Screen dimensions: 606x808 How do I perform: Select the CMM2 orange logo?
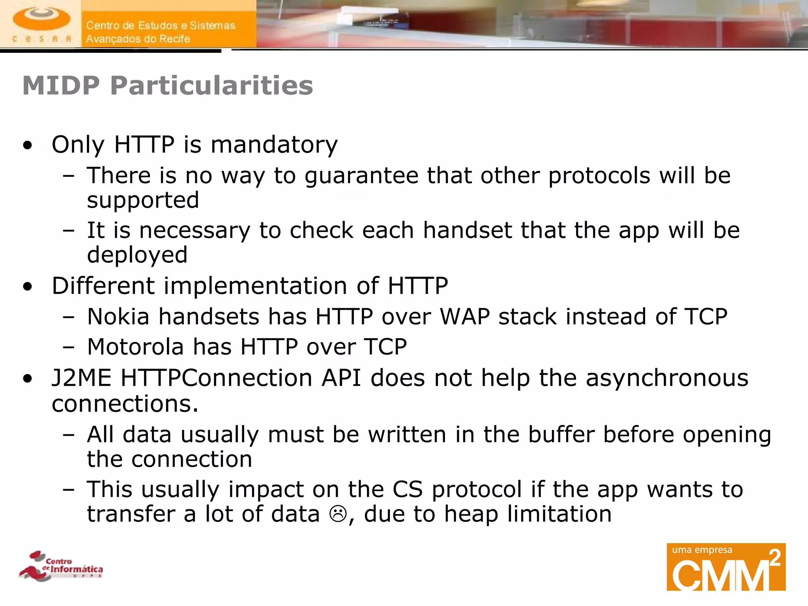click(726, 567)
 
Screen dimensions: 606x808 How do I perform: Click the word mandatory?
click(274, 144)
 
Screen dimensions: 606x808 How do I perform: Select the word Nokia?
click(118, 316)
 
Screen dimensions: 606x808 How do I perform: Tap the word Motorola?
click(135, 347)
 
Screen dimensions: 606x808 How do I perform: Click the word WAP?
click(465, 316)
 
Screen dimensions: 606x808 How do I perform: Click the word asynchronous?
click(667, 378)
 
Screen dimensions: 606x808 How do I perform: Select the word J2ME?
click(82, 378)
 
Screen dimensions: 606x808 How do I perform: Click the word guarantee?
click(361, 176)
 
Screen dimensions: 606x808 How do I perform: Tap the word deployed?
click(137, 255)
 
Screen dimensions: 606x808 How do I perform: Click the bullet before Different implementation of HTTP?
click(28, 286)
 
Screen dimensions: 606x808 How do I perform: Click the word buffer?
click(561, 434)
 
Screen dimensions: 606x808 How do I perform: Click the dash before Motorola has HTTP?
click(69, 347)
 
